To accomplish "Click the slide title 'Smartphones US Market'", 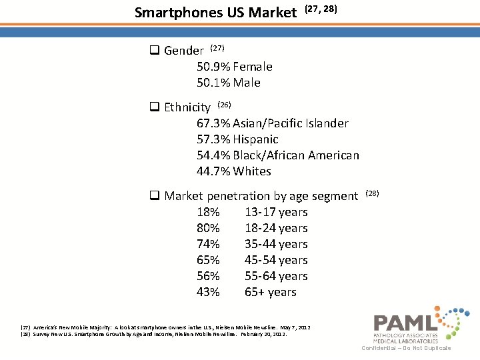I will [x=215, y=12].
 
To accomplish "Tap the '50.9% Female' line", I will [x=234, y=67].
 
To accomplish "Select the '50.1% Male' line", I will [x=228, y=83].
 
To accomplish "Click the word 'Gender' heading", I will [x=184, y=51].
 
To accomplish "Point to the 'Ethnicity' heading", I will [x=187, y=107].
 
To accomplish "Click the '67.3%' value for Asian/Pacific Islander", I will [x=213, y=123].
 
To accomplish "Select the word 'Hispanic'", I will [x=255, y=139].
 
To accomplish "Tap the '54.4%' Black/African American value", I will [x=213, y=155].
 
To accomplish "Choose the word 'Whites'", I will [x=252, y=171].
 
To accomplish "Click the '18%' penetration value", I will [x=208, y=212].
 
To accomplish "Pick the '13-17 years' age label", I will [x=276, y=212].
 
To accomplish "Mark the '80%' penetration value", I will [x=208, y=228].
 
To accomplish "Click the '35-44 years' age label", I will [x=276, y=244].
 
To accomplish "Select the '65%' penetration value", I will [x=208, y=260].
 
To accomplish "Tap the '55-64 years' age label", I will [x=276, y=276].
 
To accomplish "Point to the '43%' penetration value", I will [x=208, y=292].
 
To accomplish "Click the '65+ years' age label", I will [x=270, y=292].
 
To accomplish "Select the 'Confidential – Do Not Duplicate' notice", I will [x=406, y=348].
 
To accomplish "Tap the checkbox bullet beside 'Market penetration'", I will [x=153, y=196].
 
